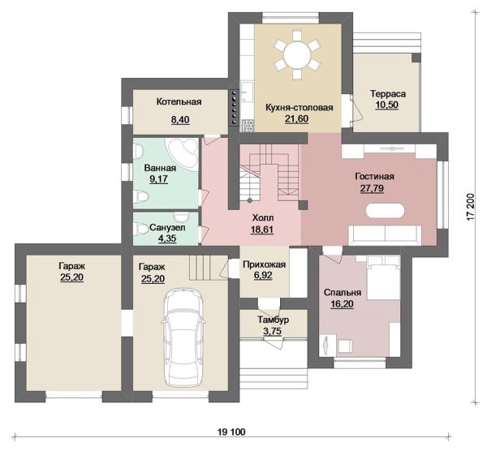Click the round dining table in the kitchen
296,54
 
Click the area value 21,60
296,119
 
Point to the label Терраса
388,93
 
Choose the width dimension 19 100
231,432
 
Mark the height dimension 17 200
471,208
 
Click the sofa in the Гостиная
385,234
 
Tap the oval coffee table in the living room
385,212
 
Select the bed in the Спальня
384,277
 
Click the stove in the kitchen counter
248,125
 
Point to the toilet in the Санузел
140,230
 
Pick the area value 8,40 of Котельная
180,120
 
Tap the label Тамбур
273,320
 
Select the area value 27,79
372,188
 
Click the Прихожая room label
264,264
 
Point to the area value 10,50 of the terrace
387,105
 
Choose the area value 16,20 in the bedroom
342,304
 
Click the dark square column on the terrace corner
416,58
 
